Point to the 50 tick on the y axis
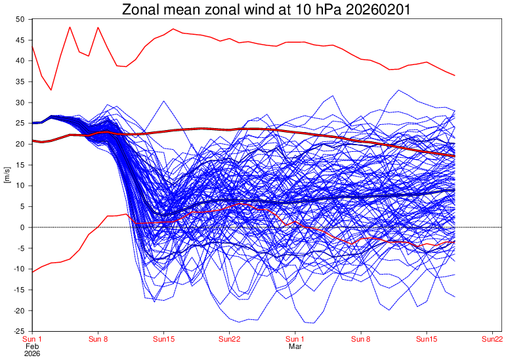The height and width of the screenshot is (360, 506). (x=20, y=19)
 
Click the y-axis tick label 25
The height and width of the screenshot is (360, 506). (x=20, y=124)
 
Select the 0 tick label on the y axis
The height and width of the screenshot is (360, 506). (x=22, y=227)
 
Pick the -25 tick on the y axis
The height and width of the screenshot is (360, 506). (x=19, y=331)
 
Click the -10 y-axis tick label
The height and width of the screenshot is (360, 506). (x=19, y=269)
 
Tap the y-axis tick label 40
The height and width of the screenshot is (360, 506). (x=20, y=61)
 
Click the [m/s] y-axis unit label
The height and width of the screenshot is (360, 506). (x=8, y=175)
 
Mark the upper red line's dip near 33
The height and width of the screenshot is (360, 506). (x=51, y=89)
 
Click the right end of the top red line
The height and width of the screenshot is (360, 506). (x=454, y=76)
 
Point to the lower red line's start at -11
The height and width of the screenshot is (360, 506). (x=32, y=272)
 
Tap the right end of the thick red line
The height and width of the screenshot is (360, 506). (x=454, y=156)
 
